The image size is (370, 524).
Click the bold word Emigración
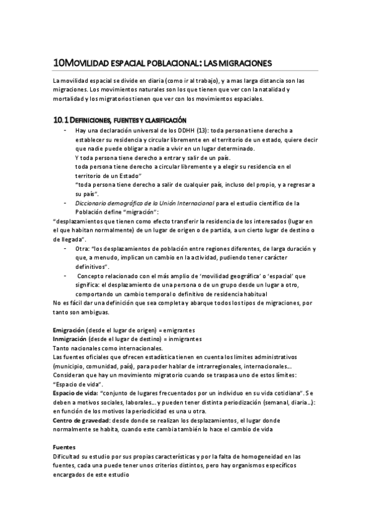pos(69,330)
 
